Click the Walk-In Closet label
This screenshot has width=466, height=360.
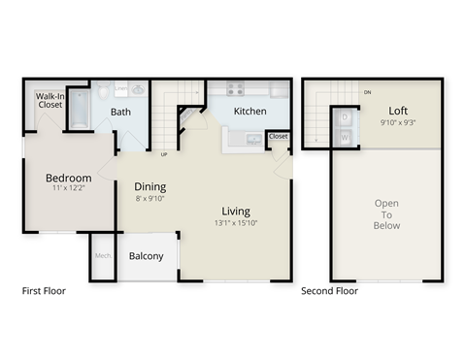coord(50,102)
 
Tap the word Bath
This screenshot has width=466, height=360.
coord(120,112)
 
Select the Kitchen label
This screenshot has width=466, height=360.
coord(250,112)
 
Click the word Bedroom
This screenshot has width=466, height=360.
coord(69,178)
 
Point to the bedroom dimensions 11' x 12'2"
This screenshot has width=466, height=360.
coord(69,189)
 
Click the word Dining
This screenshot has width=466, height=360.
coord(150,186)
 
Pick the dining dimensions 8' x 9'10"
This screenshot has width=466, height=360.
coord(150,198)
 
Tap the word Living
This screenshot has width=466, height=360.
coord(236,211)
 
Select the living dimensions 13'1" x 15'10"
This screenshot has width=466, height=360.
coord(236,222)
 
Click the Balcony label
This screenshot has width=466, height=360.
coord(146,257)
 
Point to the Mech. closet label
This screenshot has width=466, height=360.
coord(102,256)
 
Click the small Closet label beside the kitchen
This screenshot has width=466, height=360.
coord(278,137)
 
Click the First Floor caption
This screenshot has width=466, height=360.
coord(44,290)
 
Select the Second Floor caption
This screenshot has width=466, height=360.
coord(329,290)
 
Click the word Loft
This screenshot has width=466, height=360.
coord(398,111)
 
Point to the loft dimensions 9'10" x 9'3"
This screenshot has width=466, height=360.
coord(398,122)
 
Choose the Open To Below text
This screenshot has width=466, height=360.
coord(386,213)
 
